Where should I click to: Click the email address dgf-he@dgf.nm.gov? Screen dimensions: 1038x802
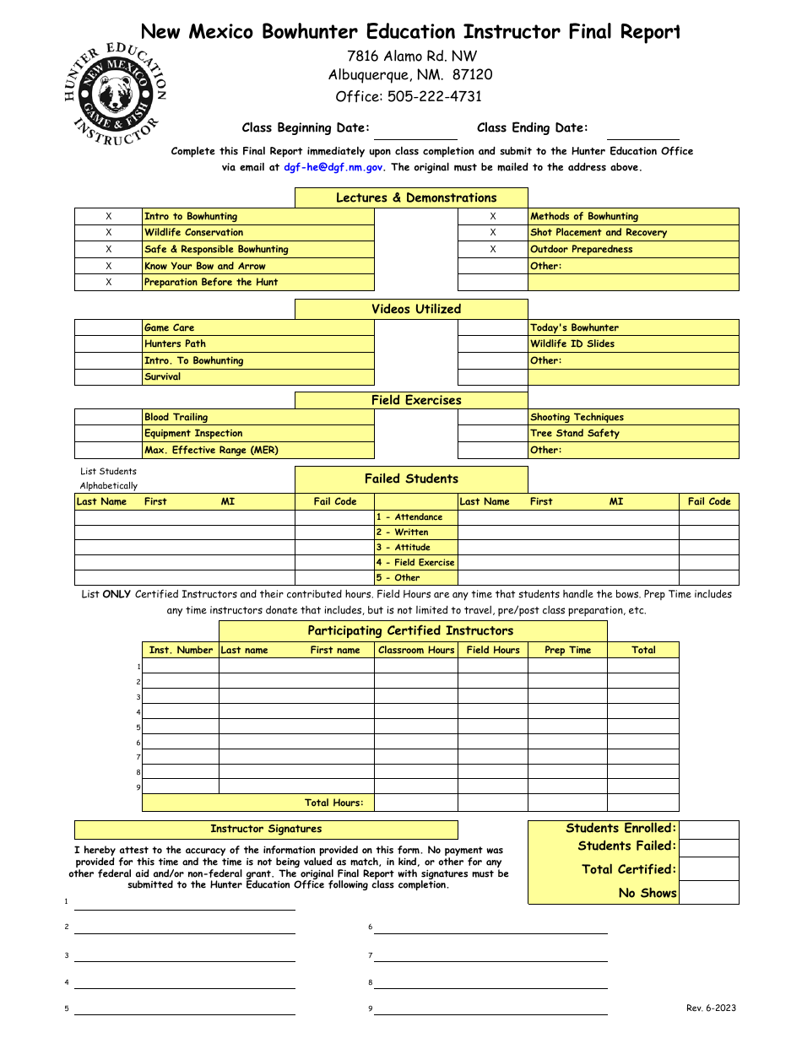(333, 167)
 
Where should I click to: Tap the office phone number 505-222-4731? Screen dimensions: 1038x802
(435, 96)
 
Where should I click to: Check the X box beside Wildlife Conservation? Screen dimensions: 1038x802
(108, 233)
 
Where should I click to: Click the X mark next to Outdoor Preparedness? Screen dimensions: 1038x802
(493, 250)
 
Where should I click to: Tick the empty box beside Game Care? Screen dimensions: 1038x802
(108, 327)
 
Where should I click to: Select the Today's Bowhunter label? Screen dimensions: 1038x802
(574, 327)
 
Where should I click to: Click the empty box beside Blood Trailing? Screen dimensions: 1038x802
(108, 417)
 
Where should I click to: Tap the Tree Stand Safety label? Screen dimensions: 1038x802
(574, 434)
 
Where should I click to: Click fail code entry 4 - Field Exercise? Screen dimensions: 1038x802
(415, 563)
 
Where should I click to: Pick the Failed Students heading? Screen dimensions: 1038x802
(411, 478)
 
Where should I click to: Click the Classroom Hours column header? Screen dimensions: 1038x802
(415, 650)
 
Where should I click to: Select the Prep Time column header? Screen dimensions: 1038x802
(567, 650)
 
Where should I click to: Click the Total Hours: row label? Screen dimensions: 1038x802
(333, 803)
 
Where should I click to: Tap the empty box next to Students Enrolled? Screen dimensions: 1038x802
(708, 829)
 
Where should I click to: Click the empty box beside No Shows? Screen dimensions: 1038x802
(708, 893)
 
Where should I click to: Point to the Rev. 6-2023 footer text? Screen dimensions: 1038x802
(711, 1008)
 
